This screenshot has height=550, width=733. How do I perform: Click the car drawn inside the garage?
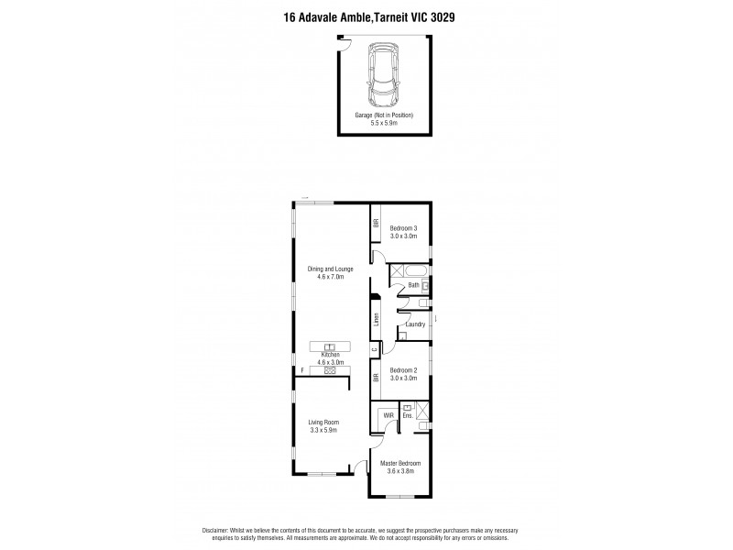click(384, 74)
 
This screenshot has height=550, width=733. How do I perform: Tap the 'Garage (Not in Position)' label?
click(384, 115)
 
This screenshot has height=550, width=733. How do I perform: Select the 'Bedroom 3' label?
click(403, 227)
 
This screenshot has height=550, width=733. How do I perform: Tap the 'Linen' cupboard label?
click(376, 320)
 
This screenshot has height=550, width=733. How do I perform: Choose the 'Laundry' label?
click(414, 324)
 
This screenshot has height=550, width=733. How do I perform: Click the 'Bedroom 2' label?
click(403, 370)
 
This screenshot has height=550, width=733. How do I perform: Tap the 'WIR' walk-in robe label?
click(388, 415)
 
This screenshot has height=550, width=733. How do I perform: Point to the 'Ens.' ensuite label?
click(407, 415)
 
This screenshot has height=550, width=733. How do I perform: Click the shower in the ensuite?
click(423, 410)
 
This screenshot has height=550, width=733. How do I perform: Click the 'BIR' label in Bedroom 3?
click(376, 224)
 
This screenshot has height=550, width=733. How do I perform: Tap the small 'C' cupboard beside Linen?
click(375, 349)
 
